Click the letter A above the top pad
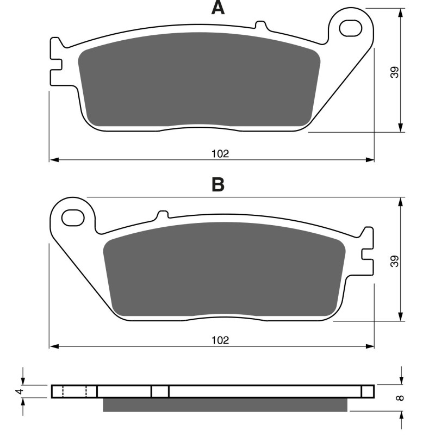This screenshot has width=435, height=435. point(217,8)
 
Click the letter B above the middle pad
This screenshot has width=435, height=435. point(217,185)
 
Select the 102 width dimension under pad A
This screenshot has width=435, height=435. point(220,154)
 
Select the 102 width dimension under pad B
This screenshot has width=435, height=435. point(220,340)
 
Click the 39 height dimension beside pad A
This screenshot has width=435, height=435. point(395,72)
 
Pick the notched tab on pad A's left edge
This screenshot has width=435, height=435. point(55,63)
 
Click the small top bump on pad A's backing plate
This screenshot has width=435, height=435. point(260,25)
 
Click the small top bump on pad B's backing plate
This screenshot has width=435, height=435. point(161,214)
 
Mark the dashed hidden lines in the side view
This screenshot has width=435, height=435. point(75,391)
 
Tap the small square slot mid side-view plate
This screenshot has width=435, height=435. point(160,391)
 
